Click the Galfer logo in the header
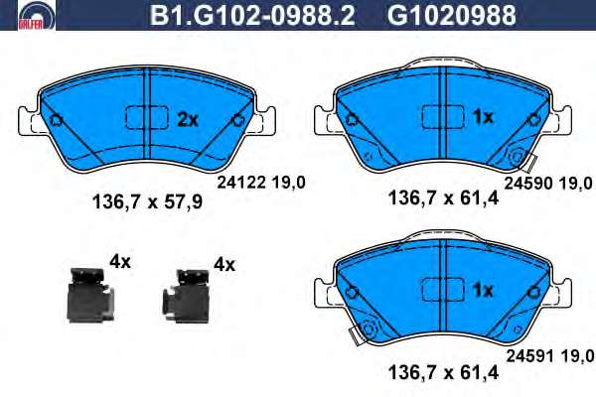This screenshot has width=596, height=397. click(x=37, y=15)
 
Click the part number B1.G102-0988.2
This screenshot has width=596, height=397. click(x=252, y=15)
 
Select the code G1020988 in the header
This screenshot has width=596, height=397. click(x=451, y=15)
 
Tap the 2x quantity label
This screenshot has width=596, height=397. click(x=188, y=120)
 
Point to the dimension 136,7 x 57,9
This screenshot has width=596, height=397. click(x=147, y=202)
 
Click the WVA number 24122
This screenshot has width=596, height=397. click(x=241, y=183)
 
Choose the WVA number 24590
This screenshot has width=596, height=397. click(x=528, y=184)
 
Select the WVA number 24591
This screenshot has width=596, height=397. click(x=530, y=356)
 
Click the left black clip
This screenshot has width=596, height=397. click(x=89, y=295)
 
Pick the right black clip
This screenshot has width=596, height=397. click(x=186, y=297)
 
